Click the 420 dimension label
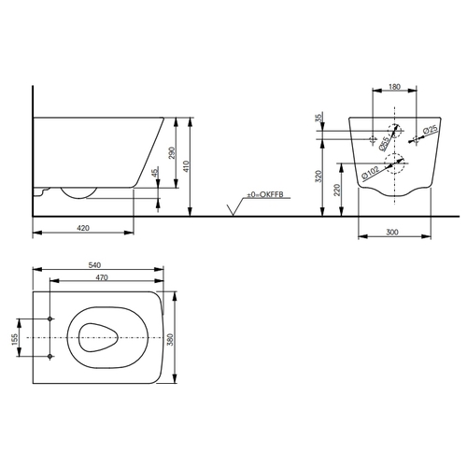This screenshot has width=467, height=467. [83, 228]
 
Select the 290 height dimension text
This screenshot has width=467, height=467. [172, 153]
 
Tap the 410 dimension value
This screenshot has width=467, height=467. [186, 166]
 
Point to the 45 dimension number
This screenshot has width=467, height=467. [155, 172]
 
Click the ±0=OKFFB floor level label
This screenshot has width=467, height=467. [265, 194]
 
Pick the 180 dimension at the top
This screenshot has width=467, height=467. [394, 87]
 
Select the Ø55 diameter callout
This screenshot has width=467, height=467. [384, 144]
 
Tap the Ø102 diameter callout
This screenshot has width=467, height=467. [371, 173]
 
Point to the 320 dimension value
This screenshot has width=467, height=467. [318, 177]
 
